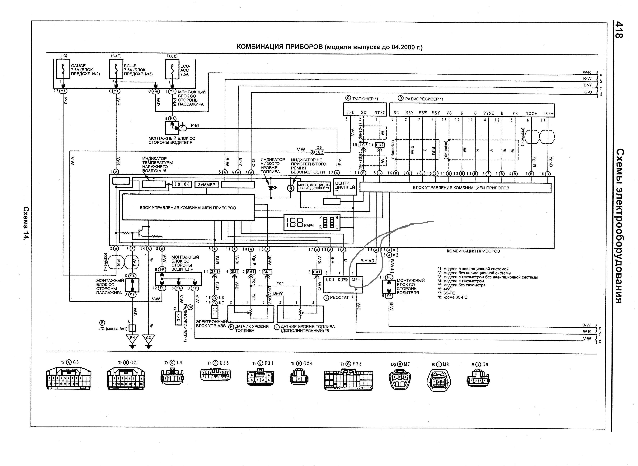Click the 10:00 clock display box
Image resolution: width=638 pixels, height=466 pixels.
(x=182, y=184)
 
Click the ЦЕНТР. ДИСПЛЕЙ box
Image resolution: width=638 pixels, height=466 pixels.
(x=345, y=187)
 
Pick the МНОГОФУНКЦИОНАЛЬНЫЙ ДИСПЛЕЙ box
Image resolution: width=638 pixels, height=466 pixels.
(x=314, y=187)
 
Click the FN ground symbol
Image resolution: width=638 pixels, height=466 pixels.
(x=132, y=338)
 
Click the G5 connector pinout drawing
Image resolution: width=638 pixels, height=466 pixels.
(x=69, y=378)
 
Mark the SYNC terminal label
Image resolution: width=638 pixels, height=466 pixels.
(x=489, y=113)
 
